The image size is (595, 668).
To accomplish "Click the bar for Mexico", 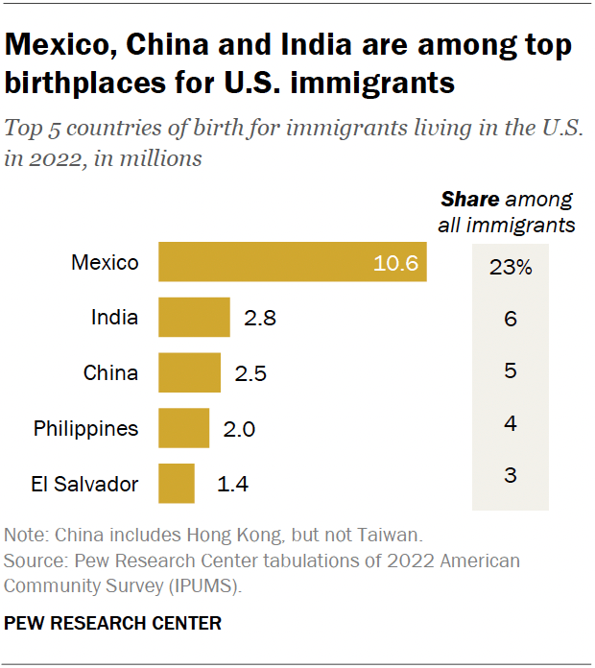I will pos(292,263).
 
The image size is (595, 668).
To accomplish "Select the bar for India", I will pos(194,318).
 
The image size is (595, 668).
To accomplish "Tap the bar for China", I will pos(189,372).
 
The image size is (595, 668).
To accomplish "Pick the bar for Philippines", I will pos(183,428).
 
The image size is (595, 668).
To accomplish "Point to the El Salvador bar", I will pos(177,484).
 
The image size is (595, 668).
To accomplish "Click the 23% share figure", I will pos(511,268).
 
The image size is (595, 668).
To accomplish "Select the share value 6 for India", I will pos(511,319).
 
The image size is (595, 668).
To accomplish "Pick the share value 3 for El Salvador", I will pos(511,474).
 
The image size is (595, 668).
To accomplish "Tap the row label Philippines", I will pos(86,428).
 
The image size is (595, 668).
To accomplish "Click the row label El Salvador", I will pos(83,484).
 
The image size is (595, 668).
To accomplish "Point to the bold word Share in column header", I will pos(470,201).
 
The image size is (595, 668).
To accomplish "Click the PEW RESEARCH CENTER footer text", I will pos(113,624).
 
